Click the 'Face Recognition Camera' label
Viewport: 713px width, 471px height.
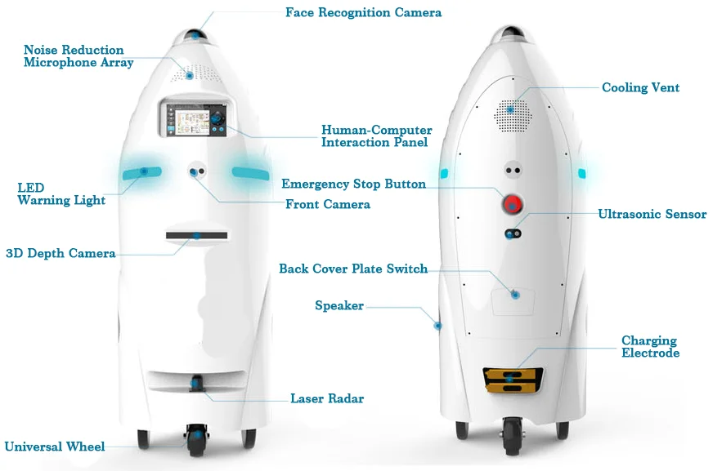click(x=363, y=12)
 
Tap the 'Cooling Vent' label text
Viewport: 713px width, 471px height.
click(x=640, y=87)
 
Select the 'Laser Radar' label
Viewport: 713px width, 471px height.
click(x=327, y=399)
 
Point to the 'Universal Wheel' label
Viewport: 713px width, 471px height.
click(x=55, y=447)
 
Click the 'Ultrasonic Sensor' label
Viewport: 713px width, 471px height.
click(x=652, y=214)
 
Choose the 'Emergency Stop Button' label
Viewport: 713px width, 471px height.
click(x=353, y=184)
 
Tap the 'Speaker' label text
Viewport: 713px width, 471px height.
click(x=339, y=305)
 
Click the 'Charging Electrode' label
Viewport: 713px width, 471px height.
click(x=649, y=347)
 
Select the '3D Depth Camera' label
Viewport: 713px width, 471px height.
click(x=61, y=253)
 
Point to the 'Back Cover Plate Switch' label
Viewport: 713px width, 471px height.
click(x=353, y=269)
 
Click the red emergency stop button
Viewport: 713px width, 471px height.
click(x=513, y=202)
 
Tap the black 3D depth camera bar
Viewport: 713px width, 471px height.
click(x=196, y=236)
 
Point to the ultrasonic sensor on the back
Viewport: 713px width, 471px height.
click(x=513, y=234)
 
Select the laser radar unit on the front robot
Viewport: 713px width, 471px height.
click(x=196, y=383)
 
